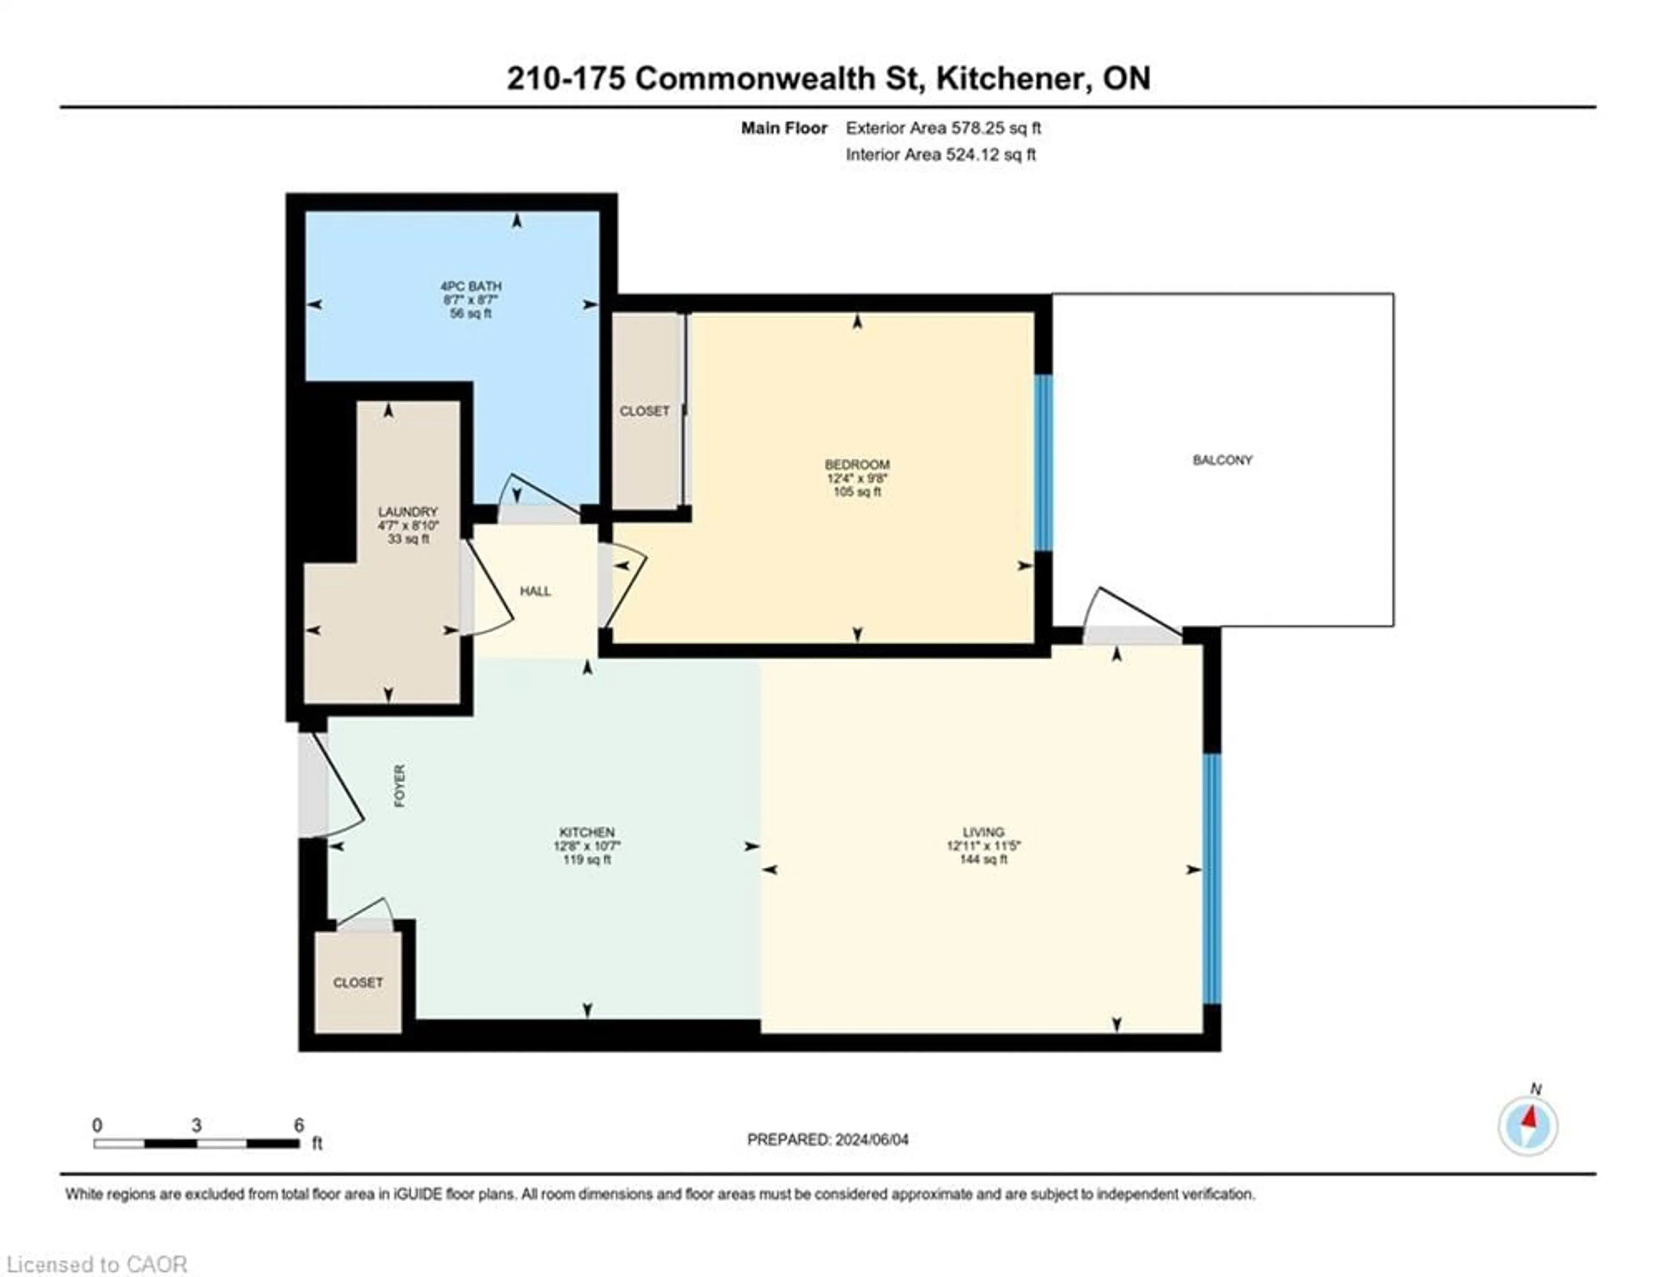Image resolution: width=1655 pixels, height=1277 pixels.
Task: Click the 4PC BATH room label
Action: point(471,287)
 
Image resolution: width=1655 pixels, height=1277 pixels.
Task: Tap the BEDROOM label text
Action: point(857,464)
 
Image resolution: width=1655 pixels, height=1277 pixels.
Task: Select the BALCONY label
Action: point(1222,460)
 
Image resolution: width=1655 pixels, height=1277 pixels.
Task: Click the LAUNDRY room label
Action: point(408,512)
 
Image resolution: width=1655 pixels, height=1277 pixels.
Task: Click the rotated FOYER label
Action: point(400,785)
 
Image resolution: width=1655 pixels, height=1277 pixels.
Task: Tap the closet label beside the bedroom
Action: point(644,411)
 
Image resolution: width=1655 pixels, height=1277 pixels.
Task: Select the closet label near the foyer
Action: point(358,982)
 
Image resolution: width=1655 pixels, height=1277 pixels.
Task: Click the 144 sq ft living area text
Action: point(984,860)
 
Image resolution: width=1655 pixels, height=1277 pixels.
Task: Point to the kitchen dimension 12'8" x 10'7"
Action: point(587,846)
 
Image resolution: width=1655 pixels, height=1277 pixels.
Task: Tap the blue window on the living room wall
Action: point(1212,878)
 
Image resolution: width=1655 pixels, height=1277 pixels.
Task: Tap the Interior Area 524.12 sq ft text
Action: point(940,155)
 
